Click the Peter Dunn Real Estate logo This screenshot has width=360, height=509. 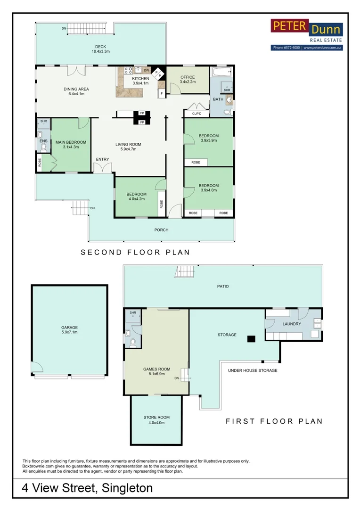pos(307,35)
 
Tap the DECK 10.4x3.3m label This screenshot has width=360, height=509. pos(101,49)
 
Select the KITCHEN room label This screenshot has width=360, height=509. pos(140,79)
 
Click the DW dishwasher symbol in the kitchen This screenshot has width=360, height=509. pos(147,70)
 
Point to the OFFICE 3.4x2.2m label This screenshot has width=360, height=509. pos(188,80)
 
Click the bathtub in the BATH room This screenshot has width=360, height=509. pos(222,72)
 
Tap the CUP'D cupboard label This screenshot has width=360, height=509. pos(196,114)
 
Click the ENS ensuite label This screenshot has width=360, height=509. pos(43,141)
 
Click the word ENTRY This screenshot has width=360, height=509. pos(102,159)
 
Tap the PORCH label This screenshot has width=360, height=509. pos(161,230)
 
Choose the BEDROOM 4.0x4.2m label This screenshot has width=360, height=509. pos(136,197)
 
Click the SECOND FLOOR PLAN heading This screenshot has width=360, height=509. pos(135,252)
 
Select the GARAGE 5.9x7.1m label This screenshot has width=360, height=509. pos(69,330)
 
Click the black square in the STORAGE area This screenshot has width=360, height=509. pos(251,339)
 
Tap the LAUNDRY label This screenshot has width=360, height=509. pos(292,324)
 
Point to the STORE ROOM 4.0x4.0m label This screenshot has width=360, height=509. pos(156,420)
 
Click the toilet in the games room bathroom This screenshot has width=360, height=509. pos(133,342)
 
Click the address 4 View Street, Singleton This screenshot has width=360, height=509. pos(87,488)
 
